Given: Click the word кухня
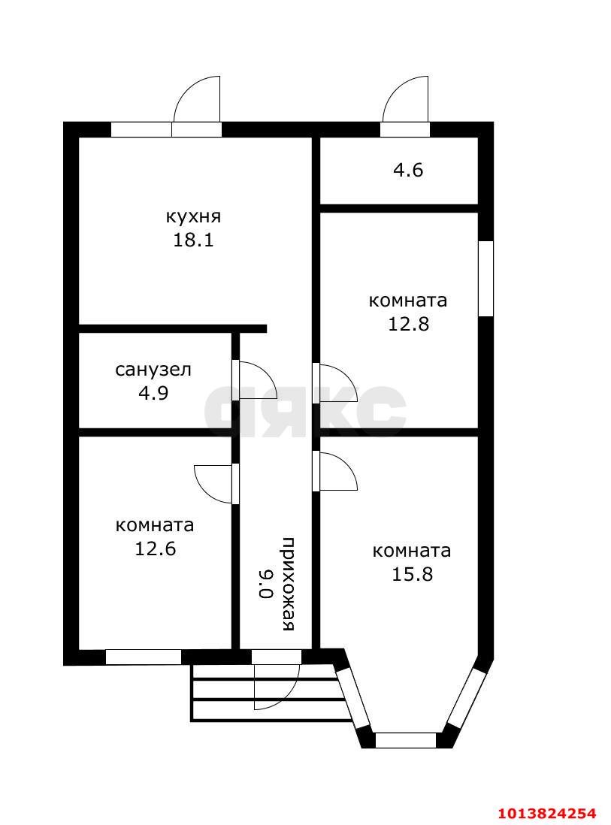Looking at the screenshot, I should (193, 217).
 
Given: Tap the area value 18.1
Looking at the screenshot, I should (193, 240).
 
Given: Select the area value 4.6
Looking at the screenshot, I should (408, 171).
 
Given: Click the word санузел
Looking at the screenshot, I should (153, 370).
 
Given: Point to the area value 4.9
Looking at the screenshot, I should (153, 393).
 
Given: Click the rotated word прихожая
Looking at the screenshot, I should (289, 585).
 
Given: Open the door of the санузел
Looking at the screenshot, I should (254, 380).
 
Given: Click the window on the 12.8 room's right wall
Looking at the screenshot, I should (486, 278).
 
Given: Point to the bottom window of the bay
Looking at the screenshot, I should (405, 740).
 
